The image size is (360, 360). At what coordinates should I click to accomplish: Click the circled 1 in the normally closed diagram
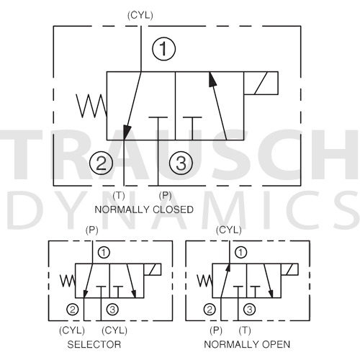tap(163, 49)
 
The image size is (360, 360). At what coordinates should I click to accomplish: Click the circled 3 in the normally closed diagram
tap(181, 163)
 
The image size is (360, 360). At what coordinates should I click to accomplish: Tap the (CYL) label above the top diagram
tap(140, 15)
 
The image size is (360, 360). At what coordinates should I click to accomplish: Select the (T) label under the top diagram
tap(119, 196)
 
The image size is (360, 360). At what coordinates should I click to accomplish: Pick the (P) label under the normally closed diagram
tap(165, 196)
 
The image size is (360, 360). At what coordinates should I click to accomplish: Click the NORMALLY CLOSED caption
tap(144, 210)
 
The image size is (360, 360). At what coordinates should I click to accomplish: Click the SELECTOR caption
tap(94, 344)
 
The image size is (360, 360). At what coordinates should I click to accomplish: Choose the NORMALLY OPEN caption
tap(247, 344)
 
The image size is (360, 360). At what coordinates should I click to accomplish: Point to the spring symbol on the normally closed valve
tap(91, 106)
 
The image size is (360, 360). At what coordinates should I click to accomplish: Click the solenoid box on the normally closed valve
tap(261, 83)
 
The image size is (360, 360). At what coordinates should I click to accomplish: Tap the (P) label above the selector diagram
tap(92, 230)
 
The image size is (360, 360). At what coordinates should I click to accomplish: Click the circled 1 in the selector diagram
tap(104, 253)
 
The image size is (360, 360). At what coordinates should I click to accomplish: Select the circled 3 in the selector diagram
tap(112, 310)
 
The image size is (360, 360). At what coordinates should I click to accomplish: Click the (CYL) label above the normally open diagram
tap(229, 230)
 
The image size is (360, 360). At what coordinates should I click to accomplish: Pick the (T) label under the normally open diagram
tap(245, 330)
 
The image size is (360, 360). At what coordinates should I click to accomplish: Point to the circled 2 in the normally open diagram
tap(210, 310)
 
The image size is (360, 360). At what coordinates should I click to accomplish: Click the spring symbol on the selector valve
tap(68, 281)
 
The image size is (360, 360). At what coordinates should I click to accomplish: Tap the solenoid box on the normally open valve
tap(289, 269)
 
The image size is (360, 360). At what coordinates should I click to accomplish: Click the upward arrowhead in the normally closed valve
tap(212, 79)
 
